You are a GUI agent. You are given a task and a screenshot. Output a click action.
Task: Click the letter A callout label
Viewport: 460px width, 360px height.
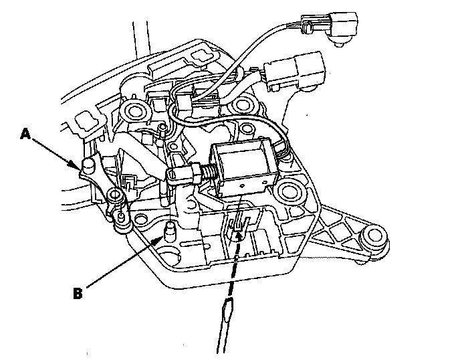click(25, 134)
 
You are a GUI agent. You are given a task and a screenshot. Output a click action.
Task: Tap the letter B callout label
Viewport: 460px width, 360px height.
click(78, 292)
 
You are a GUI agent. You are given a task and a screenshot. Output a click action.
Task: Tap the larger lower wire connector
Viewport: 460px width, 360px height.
click(294, 70)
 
